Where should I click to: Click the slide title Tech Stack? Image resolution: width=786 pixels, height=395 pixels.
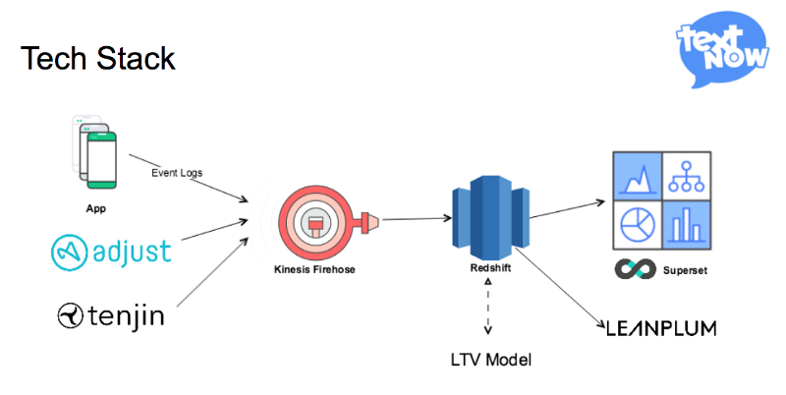[x=97, y=59]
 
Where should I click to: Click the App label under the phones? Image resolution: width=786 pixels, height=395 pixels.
[x=96, y=208]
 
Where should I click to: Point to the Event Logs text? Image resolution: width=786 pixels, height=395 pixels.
[x=176, y=174]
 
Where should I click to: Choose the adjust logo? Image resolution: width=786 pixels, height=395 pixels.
[x=111, y=251]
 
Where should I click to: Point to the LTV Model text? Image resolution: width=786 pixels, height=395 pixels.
[x=489, y=359]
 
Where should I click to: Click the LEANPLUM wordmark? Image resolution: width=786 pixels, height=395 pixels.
[x=660, y=327]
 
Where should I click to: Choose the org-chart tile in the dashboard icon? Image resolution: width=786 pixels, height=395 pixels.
[x=684, y=178]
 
